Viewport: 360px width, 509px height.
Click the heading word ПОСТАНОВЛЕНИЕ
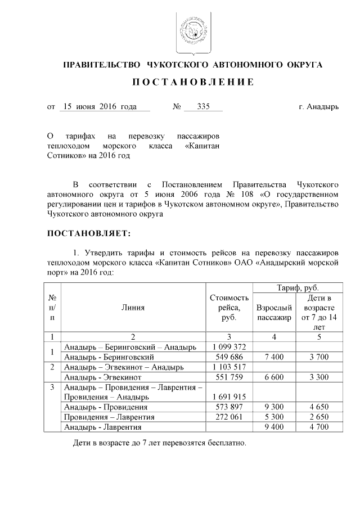[193, 83]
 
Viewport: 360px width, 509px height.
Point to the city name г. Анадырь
[318, 106]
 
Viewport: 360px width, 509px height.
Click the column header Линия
[133, 307]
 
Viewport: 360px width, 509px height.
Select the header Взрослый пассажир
[274, 313]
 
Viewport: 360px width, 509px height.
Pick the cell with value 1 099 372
[228, 346]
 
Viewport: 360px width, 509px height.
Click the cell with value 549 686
[228, 357]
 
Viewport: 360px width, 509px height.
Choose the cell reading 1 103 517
[228, 367]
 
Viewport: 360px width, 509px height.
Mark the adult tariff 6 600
[274, 377]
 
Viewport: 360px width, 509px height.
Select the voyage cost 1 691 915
[228, 397]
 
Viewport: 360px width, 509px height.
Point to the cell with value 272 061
[228, 417]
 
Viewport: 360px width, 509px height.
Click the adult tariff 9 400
[274, 427]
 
